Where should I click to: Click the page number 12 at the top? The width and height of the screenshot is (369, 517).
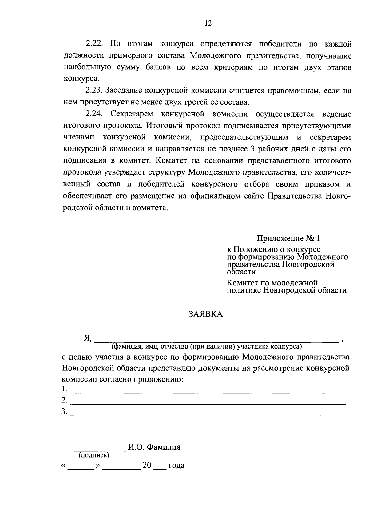208,23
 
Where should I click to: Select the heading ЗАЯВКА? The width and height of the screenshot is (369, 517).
206,314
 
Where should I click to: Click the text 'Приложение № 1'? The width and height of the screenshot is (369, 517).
288,238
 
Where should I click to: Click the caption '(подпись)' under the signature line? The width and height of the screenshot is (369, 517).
94,455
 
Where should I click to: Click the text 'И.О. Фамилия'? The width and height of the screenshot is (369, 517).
154,447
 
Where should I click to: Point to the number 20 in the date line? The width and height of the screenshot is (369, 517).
147,465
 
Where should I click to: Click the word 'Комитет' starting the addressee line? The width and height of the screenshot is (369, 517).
241,282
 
